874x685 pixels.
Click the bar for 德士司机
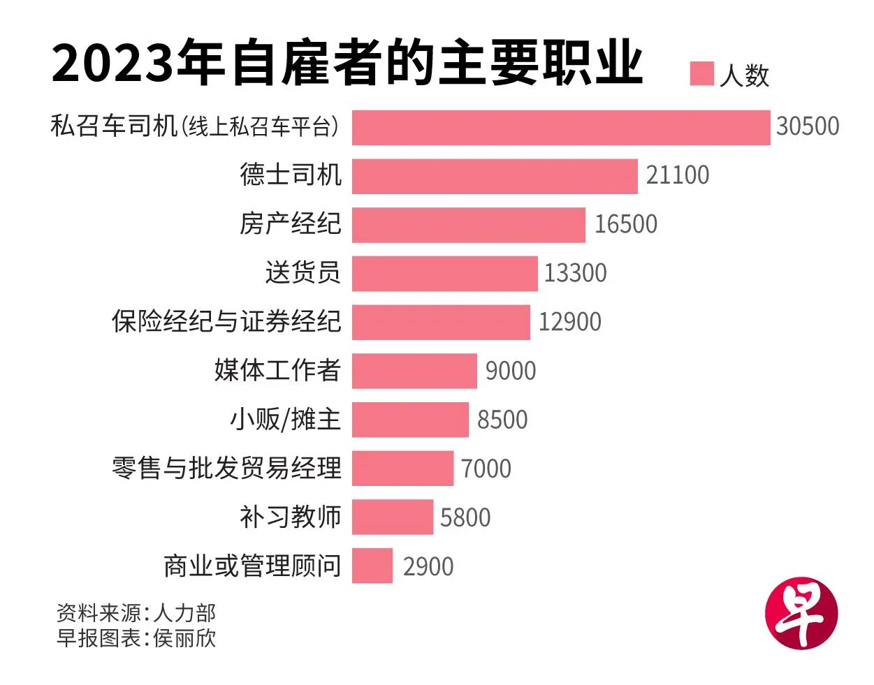click(x=495, y=176)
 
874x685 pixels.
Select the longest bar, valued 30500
click(x=561, y=127)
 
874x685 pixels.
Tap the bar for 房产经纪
click(x=468, y=225)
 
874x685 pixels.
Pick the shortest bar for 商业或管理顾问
click(x=372, y=566)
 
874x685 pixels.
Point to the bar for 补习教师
click(x=392, y=517)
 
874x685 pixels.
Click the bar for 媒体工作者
click(x=414, y=371)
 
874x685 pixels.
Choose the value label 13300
click(x=575, y=273)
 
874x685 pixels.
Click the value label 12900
click(x=569, y=322)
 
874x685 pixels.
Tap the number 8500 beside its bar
click(x=502, y=420)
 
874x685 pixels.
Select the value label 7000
click(x=486, y=469)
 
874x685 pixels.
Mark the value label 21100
click(x=677, y=175)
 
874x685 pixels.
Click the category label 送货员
click(x=303, y=272)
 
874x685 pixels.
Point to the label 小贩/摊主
click(x=285, y=419)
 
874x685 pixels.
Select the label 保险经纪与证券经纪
click(x=226, y=321)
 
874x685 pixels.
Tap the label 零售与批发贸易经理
click(x=226, y=468)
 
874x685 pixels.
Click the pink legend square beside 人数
click(x=701, y=73)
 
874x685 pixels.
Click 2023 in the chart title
click(x=112, y=64)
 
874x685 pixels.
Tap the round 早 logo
click(x=801, y=613)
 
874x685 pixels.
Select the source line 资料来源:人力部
click(x=136, y=613)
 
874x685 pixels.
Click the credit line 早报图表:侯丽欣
click(x=136, y=638)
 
